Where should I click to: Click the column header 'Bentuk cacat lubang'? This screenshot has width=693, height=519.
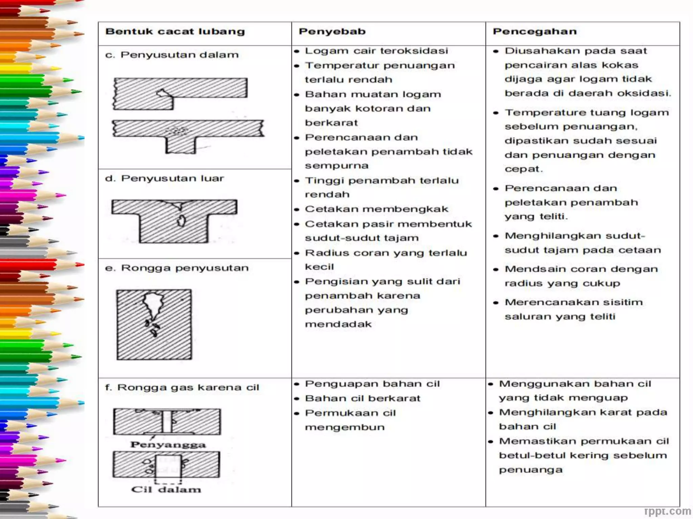coord(175,32)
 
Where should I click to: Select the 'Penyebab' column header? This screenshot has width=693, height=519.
coord(332,32)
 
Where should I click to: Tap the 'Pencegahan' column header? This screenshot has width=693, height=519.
coord(534,32)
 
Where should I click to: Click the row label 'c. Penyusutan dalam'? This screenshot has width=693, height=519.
coord(172,55)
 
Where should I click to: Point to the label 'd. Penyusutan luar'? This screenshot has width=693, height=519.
coord(164,178)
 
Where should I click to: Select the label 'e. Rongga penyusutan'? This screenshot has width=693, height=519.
coord(177,268)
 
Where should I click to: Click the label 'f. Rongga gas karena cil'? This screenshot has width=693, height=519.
coord(182,388)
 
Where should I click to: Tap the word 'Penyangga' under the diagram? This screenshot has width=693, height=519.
coord(168,445)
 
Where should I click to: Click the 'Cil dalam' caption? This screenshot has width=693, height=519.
coord(166,490)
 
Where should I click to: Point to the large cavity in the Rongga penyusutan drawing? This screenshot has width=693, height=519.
coord(153,304)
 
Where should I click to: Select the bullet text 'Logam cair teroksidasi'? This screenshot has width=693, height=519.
coord(376,51)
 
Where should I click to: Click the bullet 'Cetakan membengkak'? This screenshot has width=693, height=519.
coord(376,209)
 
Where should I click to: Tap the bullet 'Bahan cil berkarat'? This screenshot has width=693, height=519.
coord(362,398)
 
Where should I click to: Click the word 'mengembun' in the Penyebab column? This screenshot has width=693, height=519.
coord(344,427)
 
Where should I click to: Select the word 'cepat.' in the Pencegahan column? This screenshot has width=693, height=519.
coord(523,169)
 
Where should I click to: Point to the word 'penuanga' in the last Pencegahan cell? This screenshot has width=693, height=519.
coord(531,470)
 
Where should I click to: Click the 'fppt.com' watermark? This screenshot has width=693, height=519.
coord(667,511)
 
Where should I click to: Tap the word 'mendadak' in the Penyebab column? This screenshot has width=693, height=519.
coord(338,324)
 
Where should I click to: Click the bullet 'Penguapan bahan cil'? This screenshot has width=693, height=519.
coord(372,384)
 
